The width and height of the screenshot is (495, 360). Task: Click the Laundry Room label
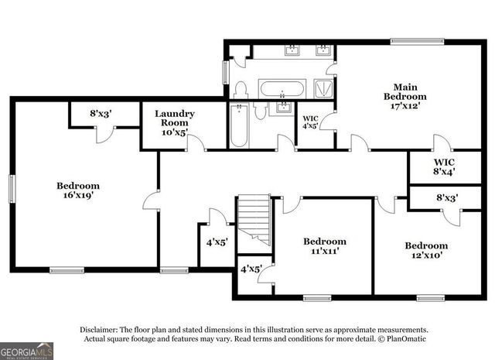[174, 122]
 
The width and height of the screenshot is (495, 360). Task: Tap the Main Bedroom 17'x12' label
[405, 96]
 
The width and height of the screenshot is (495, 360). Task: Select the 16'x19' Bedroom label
[78, 190]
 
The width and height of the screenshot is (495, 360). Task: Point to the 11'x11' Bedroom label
[325, 246]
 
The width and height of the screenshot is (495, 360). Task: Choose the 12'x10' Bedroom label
[426, 250]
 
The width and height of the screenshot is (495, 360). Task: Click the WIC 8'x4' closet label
[444, 167]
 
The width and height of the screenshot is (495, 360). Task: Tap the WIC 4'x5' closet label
[310, 122]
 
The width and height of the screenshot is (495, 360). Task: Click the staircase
[254, 221]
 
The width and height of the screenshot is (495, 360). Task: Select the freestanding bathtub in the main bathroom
[282, 89]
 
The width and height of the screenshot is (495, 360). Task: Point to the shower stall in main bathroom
[323, 88]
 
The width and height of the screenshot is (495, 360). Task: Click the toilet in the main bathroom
[241, 90]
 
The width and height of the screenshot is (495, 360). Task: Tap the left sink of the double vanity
[292, 50]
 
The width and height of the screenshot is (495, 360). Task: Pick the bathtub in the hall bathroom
[239, 125]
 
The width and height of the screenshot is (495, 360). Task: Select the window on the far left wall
[12, 189]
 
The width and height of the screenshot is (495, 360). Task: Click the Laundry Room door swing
[196, 142]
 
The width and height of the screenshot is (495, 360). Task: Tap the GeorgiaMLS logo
[26, 351]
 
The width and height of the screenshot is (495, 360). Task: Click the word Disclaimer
[99, 330]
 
